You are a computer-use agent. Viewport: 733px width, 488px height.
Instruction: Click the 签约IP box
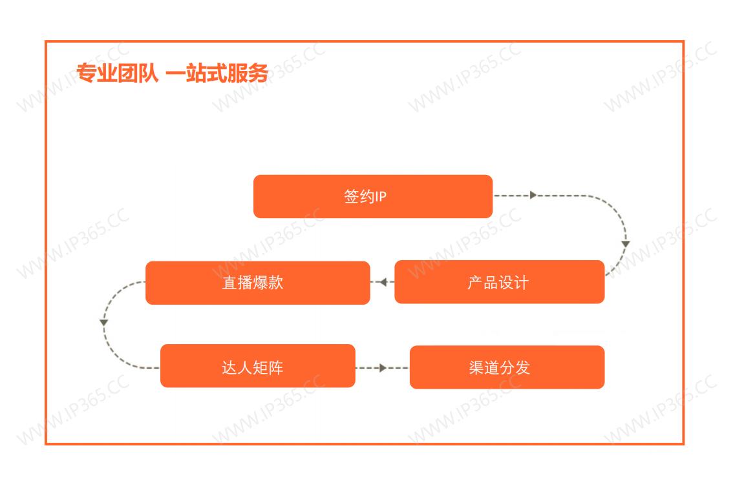[373, 196]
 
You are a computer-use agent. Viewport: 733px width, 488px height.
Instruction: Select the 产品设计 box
[499, 281]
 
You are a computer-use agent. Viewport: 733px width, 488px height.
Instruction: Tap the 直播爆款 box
[257, 283]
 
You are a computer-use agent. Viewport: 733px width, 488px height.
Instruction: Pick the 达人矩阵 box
[257, 365]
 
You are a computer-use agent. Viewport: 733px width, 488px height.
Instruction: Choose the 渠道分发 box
[507, 367]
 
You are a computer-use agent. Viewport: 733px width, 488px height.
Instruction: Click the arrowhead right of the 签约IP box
[533, 195]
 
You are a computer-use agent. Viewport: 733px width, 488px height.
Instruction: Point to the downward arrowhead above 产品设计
[626, 244]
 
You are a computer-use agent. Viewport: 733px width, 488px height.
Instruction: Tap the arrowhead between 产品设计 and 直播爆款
[383, 282]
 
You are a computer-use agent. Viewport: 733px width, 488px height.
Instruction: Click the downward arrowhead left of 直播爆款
[104, 323]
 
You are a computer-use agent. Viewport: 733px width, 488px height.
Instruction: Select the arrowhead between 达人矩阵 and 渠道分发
[383, 368]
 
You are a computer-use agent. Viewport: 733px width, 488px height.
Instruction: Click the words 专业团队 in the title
[118, 74]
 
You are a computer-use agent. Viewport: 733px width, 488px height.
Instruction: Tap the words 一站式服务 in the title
[217, 74]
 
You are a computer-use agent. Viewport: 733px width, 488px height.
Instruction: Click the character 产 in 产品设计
[475, 283]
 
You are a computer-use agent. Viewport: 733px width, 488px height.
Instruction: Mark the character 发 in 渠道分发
[523, 367]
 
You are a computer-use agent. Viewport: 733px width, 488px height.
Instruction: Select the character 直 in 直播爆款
[229, 283]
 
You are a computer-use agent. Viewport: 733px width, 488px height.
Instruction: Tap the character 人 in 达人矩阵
[245, 367]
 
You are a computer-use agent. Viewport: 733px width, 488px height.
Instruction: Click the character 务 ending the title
[258, 74]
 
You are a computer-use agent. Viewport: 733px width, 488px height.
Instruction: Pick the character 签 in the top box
[352, 197]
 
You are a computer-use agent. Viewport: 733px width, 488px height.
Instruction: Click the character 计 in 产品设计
[521, 283]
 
